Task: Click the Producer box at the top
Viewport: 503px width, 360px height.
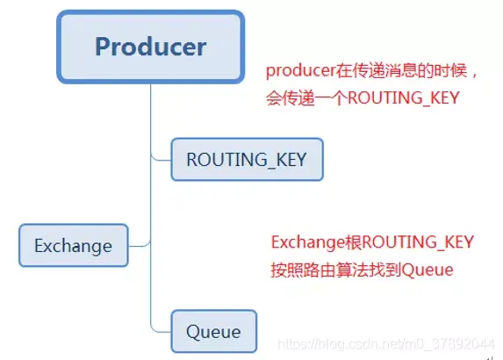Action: (x=150, y=47)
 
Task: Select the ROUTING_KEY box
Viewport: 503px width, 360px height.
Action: (x=247, y=160)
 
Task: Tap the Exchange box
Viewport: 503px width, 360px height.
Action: (x=73, y=246)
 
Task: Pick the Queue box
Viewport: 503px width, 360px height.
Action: (x=213, y=332)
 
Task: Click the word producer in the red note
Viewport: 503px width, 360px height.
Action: (x=298, y=70)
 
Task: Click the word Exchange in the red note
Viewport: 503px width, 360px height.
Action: (x=303, y=243)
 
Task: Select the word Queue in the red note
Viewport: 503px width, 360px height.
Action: (x=428, y=270)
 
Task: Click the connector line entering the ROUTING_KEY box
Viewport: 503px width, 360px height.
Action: (x=162, y=159)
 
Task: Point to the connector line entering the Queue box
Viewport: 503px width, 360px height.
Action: (x=162, y=331)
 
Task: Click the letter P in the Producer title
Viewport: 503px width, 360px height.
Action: (x=104, y=47)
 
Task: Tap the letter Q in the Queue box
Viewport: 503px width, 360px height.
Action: (x=193, y=332)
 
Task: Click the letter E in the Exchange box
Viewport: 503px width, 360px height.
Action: (x=40, y=247)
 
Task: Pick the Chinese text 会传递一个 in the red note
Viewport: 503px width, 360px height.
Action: (x=306, y=99)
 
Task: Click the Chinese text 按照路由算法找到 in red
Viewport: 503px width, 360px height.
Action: (x=335, y=270)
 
